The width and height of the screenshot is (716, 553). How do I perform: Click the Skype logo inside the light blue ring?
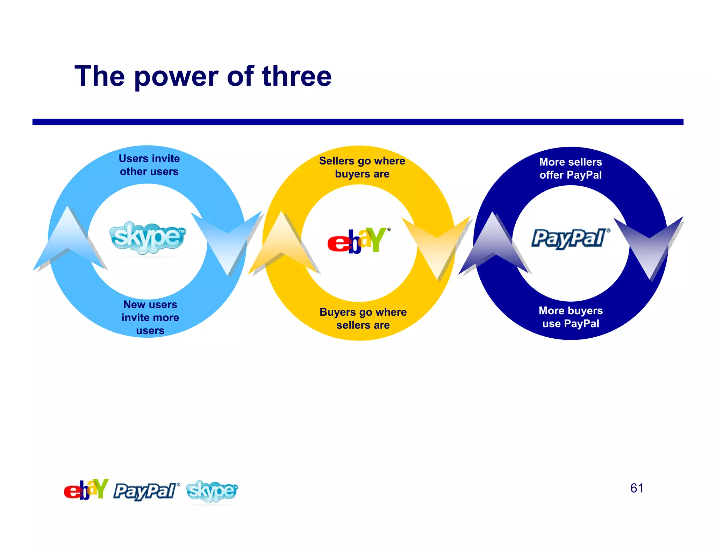147,237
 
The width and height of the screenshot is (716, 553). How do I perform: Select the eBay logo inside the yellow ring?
358,240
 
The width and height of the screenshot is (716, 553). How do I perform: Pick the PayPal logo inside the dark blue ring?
570,238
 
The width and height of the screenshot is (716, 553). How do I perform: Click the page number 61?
636,488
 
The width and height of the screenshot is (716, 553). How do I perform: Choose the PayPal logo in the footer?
146,491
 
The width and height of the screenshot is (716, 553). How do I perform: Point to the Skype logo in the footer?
212,491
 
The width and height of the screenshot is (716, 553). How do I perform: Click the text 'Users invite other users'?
149,165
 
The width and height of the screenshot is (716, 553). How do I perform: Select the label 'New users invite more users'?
150,317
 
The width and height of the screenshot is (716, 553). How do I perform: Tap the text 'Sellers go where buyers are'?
362,167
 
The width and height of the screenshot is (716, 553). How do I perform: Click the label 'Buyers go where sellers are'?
363,318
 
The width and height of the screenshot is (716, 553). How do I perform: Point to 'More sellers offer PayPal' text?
571,168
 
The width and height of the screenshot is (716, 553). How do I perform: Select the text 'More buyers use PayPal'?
571,317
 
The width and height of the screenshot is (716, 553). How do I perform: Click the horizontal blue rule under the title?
358,122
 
